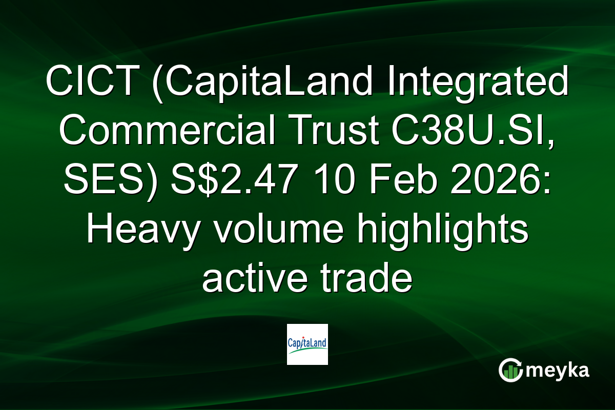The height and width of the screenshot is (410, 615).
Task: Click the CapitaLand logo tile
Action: [x=307, y=344]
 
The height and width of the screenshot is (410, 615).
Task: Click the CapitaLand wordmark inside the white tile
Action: [x=307, y=342]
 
